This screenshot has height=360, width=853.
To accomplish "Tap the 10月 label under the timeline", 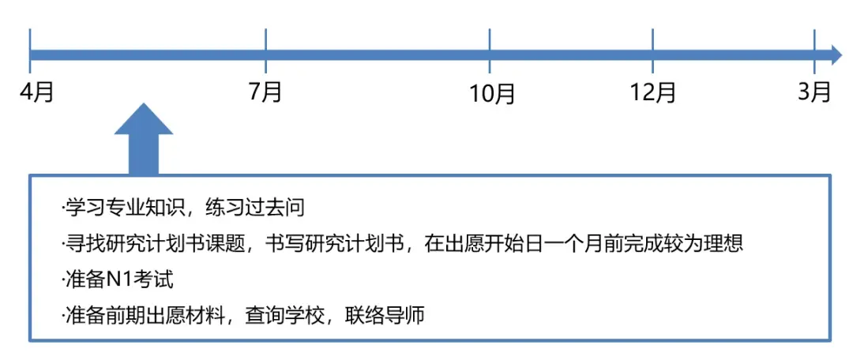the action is point(492,93).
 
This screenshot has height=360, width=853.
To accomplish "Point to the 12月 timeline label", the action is point(653,92).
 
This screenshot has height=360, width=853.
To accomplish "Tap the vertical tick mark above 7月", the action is point(265,50).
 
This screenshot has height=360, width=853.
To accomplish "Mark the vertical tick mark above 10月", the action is point(490,50).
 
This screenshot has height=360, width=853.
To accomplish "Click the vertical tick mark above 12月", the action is point(652,50).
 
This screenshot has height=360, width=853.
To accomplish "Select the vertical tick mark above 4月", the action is point(31,50).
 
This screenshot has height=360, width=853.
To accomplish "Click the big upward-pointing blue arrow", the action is point(144,138).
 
